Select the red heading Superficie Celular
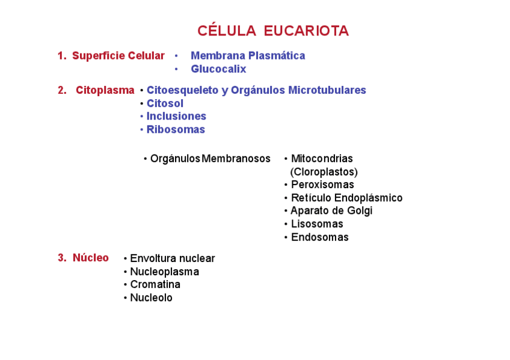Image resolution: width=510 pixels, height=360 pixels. [x=118, y=56]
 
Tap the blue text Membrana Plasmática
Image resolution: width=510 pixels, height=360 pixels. [x=248, y=56]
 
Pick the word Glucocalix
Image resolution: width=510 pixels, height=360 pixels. [x=218, y=69]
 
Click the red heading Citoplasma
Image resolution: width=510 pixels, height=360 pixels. [x=105, y=90]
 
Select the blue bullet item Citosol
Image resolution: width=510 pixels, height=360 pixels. [x=165, y=103]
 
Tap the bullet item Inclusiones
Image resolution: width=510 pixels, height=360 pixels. [x=176, y=116]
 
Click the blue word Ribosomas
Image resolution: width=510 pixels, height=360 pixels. [x=176, y=129]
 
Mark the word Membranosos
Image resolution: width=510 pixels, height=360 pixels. [x=236, y=159]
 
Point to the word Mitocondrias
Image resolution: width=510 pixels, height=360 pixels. [x=322, y=159]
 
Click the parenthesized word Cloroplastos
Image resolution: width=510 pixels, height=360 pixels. [x=324, y=172]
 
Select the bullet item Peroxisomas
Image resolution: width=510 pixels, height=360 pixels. [x=322, y=185]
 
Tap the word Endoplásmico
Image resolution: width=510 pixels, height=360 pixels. [x=368, y=198]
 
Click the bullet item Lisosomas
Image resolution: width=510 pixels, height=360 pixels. [x=317, y=224]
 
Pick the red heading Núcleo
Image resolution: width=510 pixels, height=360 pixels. [x=90, y=258]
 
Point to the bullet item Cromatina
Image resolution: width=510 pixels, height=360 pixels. [x=155, y=284]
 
